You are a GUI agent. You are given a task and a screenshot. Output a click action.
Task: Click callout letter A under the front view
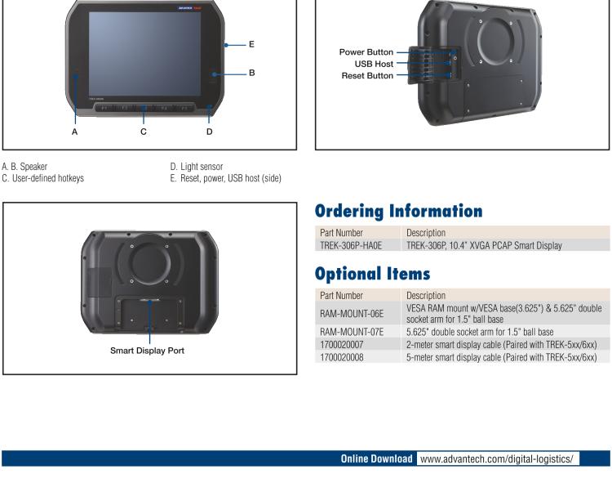click(x=74, y=131)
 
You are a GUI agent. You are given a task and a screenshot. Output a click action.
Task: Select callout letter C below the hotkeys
click(x=144, y=131)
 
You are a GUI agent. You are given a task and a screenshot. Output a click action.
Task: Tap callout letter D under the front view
click(x=209, y=131)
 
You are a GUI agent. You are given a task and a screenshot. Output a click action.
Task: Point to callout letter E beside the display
click(x=251, y=44)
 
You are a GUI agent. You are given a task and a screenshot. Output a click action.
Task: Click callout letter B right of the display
click(x=251, y=73)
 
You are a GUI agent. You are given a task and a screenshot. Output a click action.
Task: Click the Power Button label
click(x=366, y=52)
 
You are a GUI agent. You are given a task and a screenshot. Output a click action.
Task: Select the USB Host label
click(x=374, y=64)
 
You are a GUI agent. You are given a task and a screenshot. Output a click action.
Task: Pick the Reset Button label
click(x=367, y=75)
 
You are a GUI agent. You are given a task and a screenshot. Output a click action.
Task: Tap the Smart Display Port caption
click(x=150, y=351)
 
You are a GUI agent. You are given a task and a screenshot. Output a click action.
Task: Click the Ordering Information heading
click(x=398, y=212)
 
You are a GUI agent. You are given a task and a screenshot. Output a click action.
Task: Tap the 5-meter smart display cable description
click(x=501, y=356)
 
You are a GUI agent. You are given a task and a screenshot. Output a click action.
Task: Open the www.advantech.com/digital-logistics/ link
click(x=498, y=458)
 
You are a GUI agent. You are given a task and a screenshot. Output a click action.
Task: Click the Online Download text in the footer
click(x=376, y=458)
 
